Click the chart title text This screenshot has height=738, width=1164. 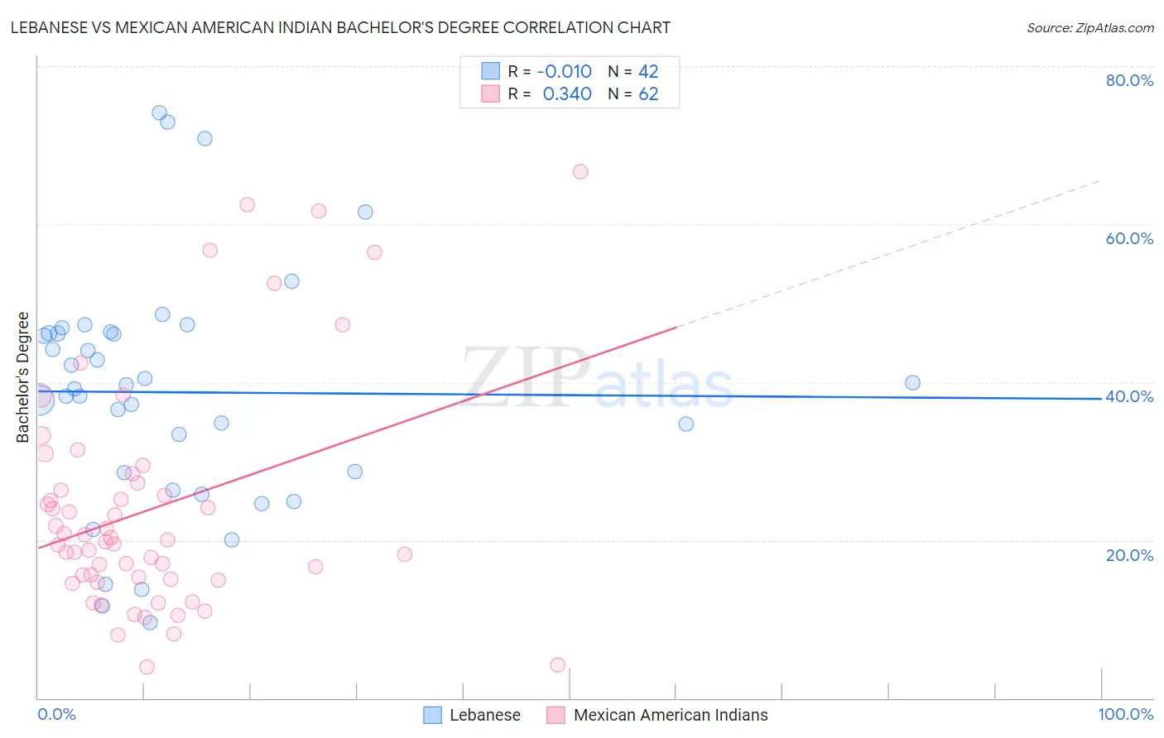pyautogui.click(x=340, y=27)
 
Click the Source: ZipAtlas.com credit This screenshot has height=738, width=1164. pyautogui.click(x=1089, y=28)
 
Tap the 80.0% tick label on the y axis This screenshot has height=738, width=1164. pyautogui.click(x=1129, y=80)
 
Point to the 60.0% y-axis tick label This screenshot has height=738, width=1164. pyautogui.click(x=1129, y=238)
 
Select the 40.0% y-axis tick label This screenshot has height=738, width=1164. pyautogui.click(x=1129, y=396)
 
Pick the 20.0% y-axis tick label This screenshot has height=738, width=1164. pyautogui.click(x=1129, y=555)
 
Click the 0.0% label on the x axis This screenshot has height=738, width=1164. pyautogui.click(x=56, y=714)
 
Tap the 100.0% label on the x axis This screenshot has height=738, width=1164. pyautogui.click(x=1125, y=714)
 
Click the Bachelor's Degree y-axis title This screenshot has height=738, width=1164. pyautogui.click(x=23, y=377)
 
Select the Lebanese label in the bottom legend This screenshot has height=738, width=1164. pyautogui.click(x=485, y=715)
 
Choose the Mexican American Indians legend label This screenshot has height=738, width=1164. pyautogui.click(x=671, y=715)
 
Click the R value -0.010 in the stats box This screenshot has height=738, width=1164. pyautogui.click(x=565, y=72)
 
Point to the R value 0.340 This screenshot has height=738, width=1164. pyautogui.click(x=567, y=94)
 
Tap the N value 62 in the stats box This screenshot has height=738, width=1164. pyautogui.click(x=648, y=94)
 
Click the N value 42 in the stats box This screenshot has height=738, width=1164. pyautogui.click(x=648, y=72)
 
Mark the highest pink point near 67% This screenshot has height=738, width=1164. pyautogui.click(x=580, y=172)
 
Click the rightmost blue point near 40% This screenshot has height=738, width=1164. pyautogui.click(x=912, y=382)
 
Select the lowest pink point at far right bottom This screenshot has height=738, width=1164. pyautogui.click(x=558, y=665)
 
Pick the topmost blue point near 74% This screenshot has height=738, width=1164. pyautogui.click(x=159, y=113)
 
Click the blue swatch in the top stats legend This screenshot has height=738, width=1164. pyautogui.click(x=490, y=71)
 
